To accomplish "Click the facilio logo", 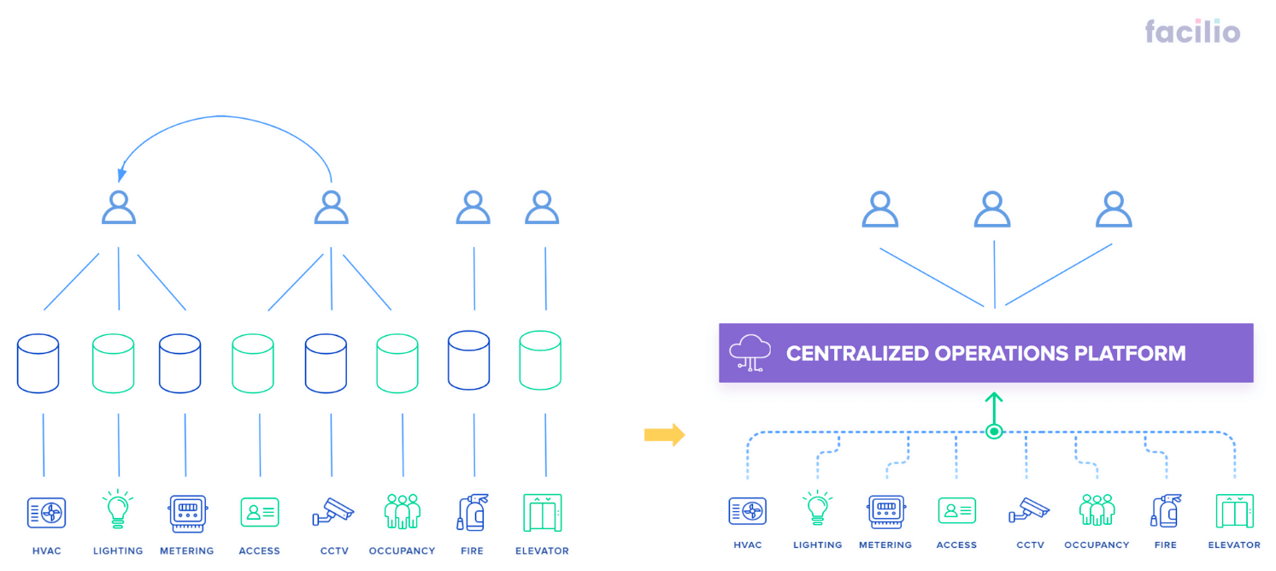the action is pos(1192,32).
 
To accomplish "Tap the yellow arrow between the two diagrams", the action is pos(664,435).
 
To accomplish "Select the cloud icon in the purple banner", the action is pos(750,353).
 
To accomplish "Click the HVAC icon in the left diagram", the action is pos(47,512).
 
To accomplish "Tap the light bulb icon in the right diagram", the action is pos(817,508).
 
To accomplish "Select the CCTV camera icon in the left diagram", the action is pos(333,511).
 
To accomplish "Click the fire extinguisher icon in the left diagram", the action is pos(473,512).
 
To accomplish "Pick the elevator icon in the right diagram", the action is pos(1234,510).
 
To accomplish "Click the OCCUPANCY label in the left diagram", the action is pos(402,551).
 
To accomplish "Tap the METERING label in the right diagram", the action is pos(885,545).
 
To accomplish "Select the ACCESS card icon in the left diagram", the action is pos(260,512).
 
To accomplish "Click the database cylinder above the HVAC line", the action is pos(38,363).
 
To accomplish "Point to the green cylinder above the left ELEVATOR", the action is pos(540,360).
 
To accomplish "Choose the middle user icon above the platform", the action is pos(992,209).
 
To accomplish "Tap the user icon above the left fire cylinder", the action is pos(473,207).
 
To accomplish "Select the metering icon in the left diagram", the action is pos(187,514).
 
